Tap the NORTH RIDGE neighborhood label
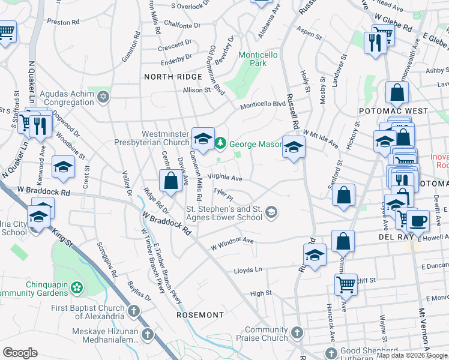[x=173, y=77]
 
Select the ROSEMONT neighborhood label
[x=200, y=314]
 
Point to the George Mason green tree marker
[x=221, y=144]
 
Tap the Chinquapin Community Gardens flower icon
[x=77, y=287]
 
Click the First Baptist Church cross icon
[x=133, y=312]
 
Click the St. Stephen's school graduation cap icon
[x=271, y=211]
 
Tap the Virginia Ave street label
[x=225, y=178]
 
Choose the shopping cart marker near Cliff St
[x=346, y=284]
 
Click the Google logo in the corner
[x=20, y=353]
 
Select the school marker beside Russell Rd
[x=294, y=146]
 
